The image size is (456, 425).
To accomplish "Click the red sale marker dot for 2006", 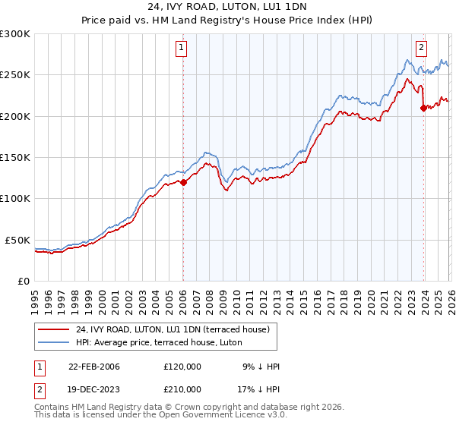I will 183,182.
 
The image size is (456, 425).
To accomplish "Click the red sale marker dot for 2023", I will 423,108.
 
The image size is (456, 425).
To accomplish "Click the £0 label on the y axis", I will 23,281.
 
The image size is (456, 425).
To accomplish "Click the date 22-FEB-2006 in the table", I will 94,367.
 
